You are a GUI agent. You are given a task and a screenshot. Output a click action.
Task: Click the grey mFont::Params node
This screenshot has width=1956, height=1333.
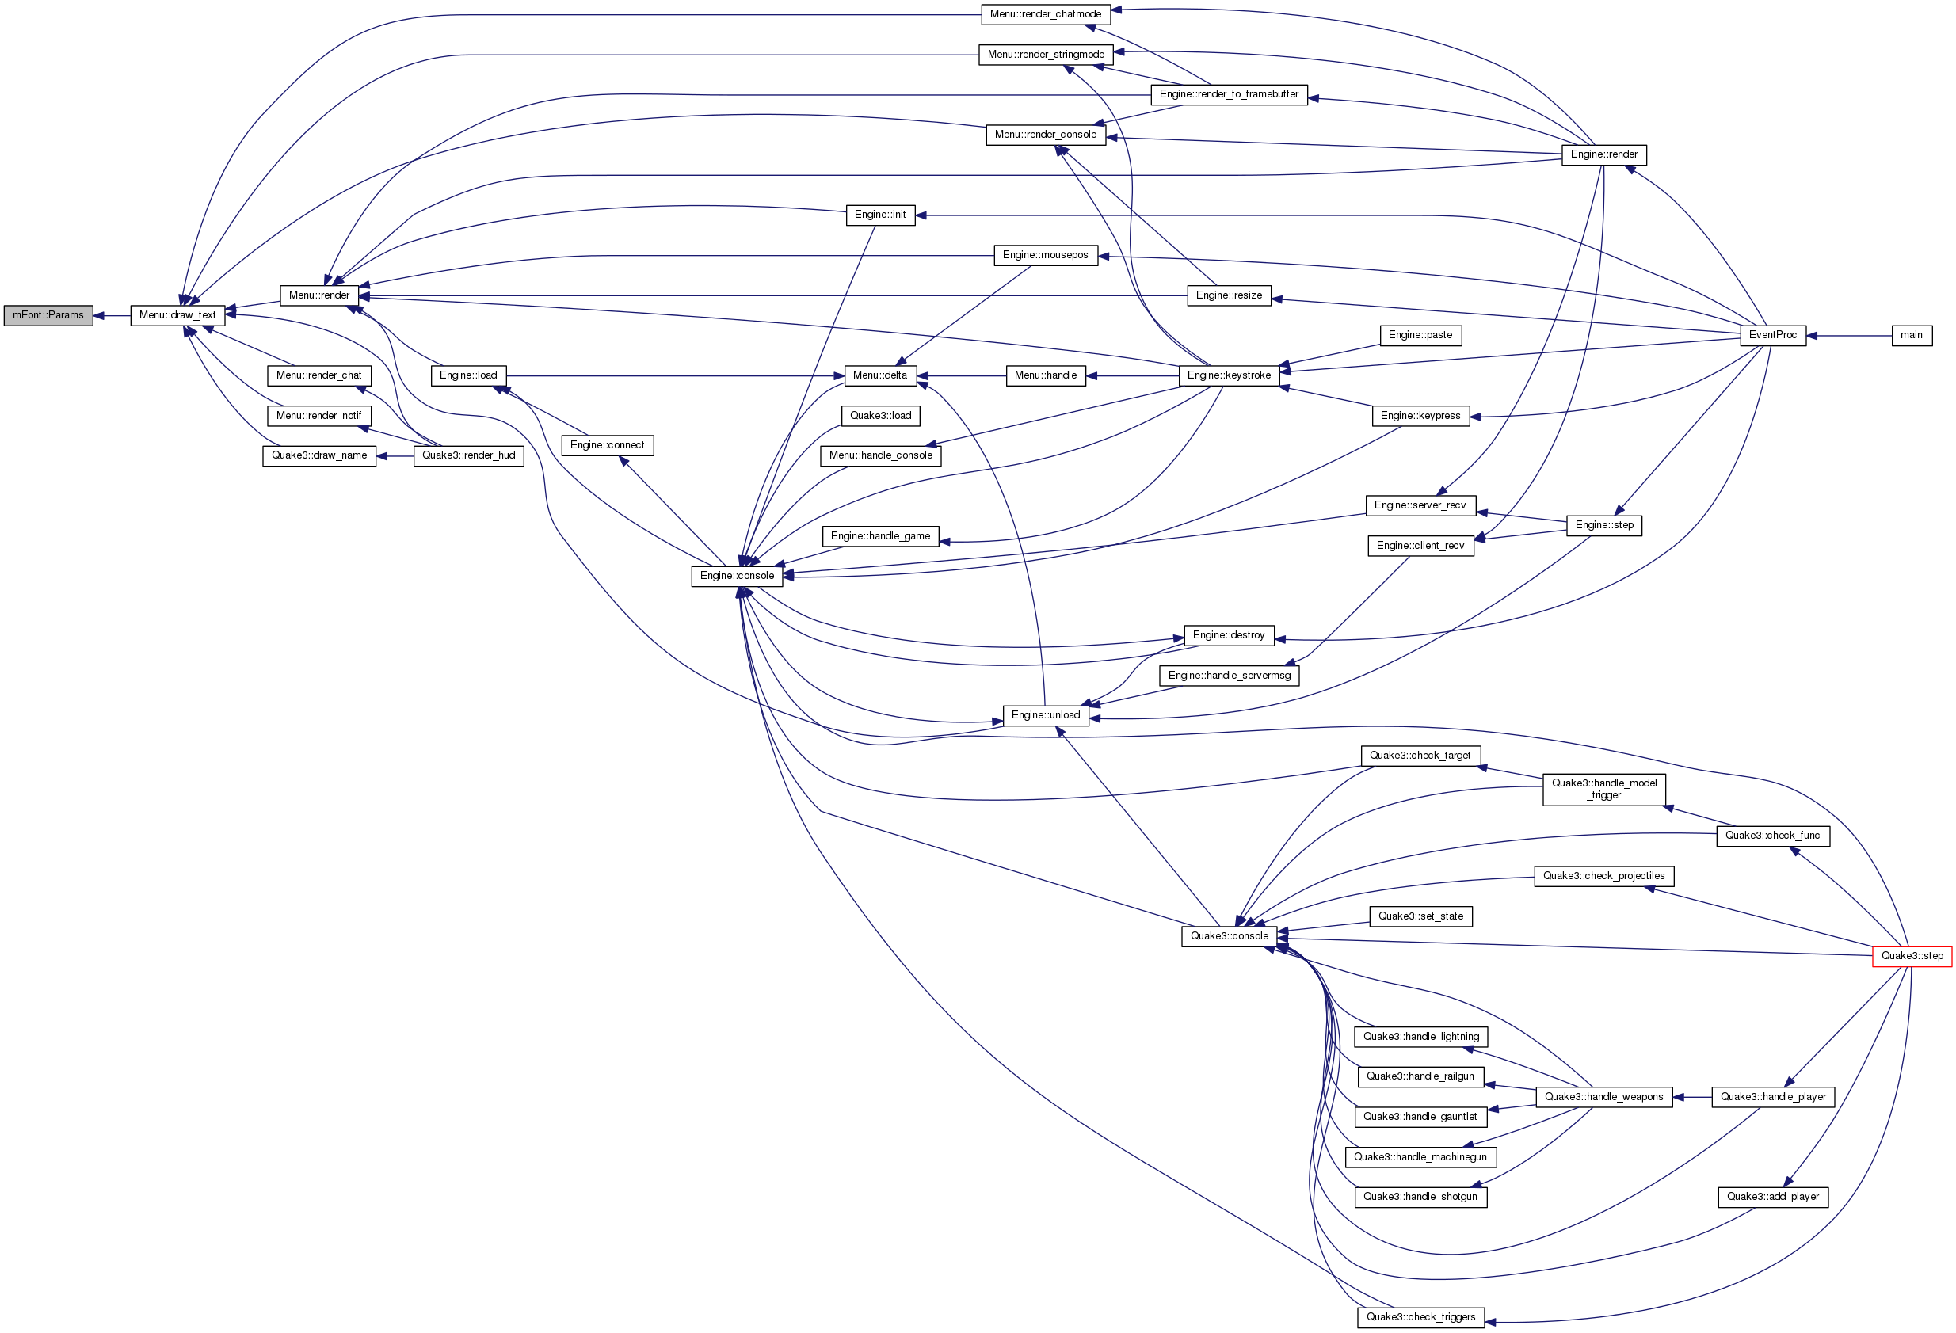[48, 315]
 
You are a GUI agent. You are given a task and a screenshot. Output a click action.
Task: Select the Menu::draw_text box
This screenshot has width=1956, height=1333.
[177, 315]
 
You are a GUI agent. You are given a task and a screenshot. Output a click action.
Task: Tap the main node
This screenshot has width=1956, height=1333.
[1912, 335]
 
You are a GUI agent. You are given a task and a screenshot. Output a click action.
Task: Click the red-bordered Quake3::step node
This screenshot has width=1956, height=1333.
[1912, 956]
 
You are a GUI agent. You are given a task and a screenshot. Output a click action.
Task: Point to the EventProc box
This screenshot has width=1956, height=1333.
[1772, 335]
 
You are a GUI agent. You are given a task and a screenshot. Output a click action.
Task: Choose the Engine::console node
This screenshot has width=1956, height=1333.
[737, 576]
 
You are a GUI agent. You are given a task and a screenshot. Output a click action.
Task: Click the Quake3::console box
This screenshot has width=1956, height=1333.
[1229, 936]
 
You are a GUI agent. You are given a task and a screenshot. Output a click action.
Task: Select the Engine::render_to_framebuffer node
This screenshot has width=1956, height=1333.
[1229, 94]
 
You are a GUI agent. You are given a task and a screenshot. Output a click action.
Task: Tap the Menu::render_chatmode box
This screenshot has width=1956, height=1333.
[1045, 14]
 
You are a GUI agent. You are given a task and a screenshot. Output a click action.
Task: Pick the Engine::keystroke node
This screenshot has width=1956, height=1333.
[1229, 375]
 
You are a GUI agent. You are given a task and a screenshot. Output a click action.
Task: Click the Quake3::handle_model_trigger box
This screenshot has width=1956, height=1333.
[1603, 790]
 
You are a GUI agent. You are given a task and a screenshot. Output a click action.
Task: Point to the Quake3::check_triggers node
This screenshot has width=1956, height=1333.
[1420, 1317]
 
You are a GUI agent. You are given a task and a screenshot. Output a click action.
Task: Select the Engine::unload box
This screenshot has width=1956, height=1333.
[1045, 715]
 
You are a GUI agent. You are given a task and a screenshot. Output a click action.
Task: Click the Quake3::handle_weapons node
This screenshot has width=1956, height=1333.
[1603, 1096]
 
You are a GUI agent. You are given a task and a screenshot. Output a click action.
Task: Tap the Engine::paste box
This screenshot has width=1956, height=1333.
[1420, 335]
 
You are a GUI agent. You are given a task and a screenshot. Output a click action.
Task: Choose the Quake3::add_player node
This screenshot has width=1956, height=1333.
[1772, 1197]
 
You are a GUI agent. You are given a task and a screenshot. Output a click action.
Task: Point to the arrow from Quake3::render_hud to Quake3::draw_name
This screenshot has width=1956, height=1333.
[395, 455]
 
